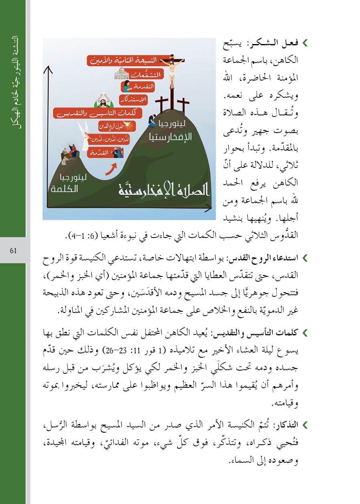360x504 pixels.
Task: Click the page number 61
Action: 13,251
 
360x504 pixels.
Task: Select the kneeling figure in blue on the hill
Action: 153,120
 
